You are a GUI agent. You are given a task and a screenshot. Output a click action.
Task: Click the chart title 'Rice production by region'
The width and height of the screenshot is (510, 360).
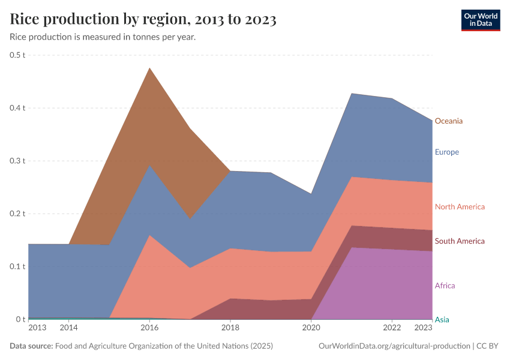143,19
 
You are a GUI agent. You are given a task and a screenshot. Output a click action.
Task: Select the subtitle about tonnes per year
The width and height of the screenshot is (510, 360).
103,37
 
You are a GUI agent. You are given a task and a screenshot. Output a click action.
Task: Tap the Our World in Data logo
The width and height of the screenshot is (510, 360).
480,20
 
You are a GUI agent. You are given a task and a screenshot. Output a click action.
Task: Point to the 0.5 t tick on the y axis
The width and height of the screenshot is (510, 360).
18,55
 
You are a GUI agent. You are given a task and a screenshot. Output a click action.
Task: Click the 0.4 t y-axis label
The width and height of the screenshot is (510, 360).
18,108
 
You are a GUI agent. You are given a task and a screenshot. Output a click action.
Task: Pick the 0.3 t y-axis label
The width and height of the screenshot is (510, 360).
18,161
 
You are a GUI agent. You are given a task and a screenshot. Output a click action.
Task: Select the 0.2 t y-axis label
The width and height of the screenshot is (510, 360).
18,214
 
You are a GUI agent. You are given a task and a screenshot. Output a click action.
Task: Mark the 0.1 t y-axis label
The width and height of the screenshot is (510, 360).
18,266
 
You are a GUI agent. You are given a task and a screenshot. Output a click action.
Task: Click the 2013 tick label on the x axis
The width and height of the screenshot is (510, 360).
37,328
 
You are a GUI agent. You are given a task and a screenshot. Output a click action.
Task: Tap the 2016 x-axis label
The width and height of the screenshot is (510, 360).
149,328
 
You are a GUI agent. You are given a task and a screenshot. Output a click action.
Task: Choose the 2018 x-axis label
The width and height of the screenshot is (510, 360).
230,328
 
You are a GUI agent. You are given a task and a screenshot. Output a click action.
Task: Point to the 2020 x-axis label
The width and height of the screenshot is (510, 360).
311,328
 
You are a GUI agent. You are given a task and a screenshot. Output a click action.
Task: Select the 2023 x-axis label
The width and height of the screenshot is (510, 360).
423,328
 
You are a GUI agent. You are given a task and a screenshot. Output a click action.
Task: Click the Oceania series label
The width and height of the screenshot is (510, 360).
448,121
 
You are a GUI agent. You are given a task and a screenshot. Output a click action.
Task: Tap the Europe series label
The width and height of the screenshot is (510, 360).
446,152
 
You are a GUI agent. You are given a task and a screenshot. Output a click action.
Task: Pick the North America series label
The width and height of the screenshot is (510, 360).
460,207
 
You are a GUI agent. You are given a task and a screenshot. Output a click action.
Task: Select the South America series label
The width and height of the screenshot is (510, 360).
460,241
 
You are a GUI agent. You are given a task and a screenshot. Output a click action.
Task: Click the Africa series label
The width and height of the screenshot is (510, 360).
445,286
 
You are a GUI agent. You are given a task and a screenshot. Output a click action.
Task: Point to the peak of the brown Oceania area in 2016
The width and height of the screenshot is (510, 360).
149,69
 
